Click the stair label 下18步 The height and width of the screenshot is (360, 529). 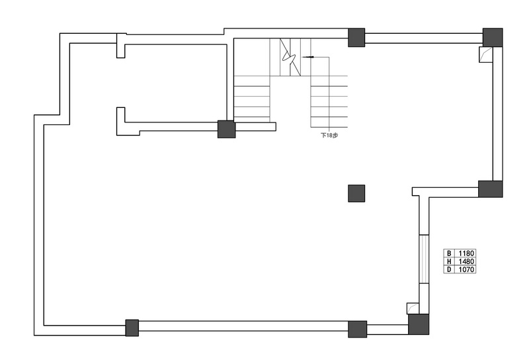pos(329,136)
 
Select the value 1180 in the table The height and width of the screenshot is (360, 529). pos(466,253)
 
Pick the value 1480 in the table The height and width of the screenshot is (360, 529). pos(466,261)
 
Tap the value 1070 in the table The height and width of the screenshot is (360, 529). pos(466,269)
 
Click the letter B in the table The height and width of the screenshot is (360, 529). pos(449,253)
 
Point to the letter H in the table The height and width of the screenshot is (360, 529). pos(449,261)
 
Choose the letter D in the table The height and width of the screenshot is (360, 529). pos(449,269)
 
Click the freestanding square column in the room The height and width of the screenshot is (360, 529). pos(356,193)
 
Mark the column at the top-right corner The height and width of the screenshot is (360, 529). pos(493,38)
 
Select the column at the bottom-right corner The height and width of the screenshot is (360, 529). pos(419,324)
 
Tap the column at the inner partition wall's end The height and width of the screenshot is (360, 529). pos(226,129)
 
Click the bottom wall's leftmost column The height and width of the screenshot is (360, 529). pos(132,328)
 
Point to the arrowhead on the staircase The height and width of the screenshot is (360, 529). pos(309,57)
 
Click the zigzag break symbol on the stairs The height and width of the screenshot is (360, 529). pos(290,58)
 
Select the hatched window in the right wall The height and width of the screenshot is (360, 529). pos(424,259)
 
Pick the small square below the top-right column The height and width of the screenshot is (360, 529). pos(485,54)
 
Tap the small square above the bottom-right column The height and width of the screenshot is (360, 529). pos(413,308)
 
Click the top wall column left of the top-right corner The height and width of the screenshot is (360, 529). pos(356,38)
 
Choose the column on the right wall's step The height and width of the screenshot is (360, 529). pos(491,189)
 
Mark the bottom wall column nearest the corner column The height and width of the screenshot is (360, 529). pos(357,330)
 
